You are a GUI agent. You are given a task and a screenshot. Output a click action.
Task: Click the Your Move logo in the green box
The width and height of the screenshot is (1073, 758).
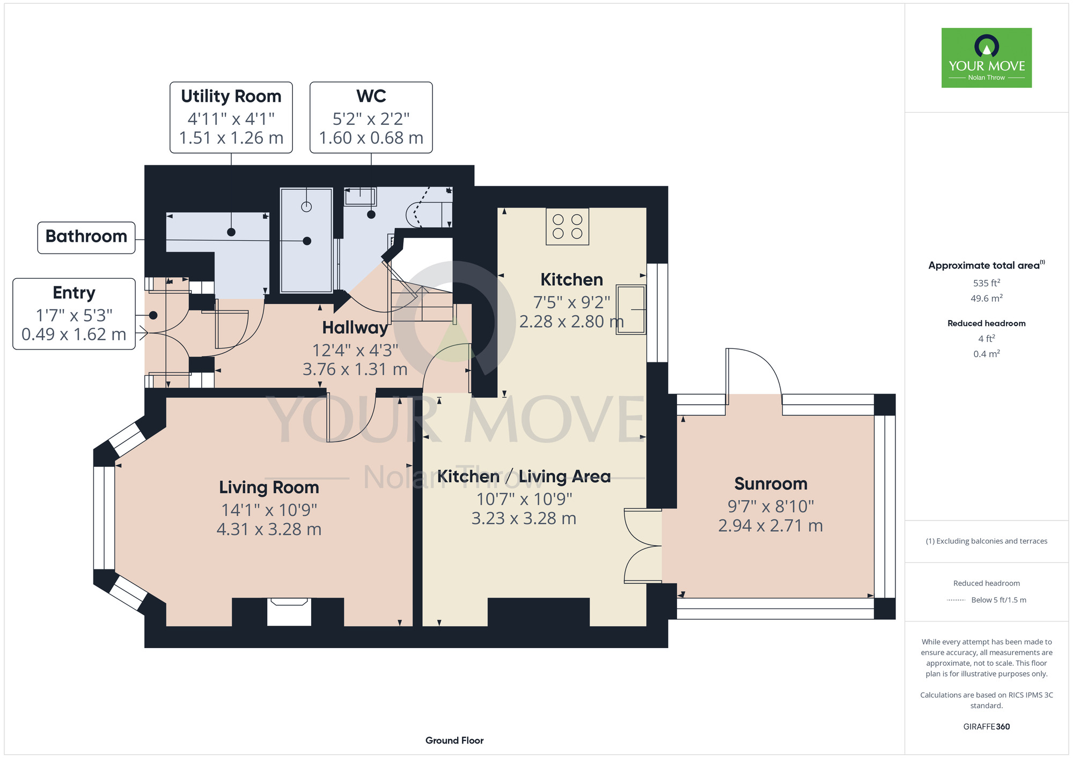pos(987,58)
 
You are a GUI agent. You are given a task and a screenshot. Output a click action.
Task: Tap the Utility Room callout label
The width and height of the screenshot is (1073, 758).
pos(231,117)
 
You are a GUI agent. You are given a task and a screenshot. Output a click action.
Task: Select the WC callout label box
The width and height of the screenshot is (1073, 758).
pos(371,117)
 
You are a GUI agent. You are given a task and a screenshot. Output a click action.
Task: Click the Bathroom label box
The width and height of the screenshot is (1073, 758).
pos(86,237)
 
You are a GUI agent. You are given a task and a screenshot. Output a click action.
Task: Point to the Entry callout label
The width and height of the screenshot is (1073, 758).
pos(74,314)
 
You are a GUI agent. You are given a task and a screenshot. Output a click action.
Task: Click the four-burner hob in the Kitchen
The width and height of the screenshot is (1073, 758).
pos(568,227)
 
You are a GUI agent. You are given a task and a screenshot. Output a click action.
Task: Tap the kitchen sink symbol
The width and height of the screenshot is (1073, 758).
pos(631,309)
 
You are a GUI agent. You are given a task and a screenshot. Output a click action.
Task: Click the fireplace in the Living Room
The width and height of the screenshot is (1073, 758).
pos(289,612)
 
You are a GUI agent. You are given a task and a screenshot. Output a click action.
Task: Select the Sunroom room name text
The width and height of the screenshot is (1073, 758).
pos(771,484)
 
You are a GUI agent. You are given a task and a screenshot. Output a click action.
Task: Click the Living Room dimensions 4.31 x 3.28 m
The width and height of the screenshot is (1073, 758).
pos(269,530)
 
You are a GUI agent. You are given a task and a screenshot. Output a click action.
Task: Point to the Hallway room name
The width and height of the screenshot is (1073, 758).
pos(355,328)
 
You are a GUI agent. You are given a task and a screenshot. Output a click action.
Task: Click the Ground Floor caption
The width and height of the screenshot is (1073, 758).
pos(454,740)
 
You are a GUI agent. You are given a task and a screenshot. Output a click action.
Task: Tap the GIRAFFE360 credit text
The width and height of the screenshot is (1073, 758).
pos(987,727)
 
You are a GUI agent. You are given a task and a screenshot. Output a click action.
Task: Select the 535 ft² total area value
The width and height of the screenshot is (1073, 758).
pos(987,283)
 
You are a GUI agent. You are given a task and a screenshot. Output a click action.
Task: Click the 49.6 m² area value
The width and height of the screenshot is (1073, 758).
pos(987,298)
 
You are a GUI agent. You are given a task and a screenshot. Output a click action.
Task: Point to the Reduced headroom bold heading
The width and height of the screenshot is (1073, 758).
pos(987,323)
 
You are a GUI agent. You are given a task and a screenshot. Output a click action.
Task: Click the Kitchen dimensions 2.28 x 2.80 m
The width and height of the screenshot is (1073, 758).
pos(571,322)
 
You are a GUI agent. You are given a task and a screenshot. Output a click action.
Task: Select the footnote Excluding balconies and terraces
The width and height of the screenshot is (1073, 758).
pos(987,541)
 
